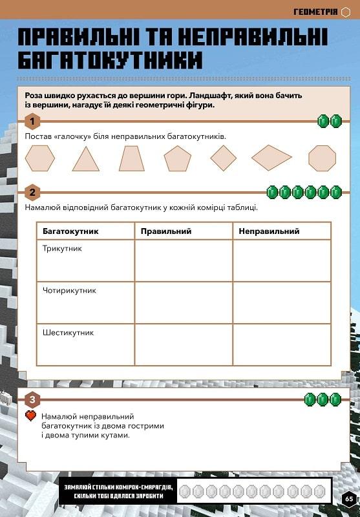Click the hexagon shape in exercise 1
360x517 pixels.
pyautogui.click(x=40, y=158)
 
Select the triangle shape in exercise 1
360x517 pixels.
pyautogui.click(x=86, y=160)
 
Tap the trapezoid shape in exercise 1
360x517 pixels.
pyautogui.click(x=132, y=158)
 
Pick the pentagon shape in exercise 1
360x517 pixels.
pyautogui.click(x=177, y=159)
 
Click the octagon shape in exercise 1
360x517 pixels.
pyautogui.click(x=322, y=158)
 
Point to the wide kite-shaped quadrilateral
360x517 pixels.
pyautogui.click(x=271, y=158)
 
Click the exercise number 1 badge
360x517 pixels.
pyautogui.click(x=32, y=121)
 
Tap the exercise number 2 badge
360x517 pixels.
pyautogui.click(x=32, y=192)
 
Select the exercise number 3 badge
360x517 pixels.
pyautogui.click(x=32, y=399)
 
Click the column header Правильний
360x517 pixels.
pyautogui.click(x=166, y=231)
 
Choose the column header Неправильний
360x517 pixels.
pyautogui.click(x=269, y=231)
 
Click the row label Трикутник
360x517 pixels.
pyautogui.click(x=62, y=249)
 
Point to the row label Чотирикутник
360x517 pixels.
pyautogui.click(x=69, y=291)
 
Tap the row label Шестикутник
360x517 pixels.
pyautogui.click(x=69, y=333)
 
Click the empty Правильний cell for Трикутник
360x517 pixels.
pyautogui.click(x=184, y=260)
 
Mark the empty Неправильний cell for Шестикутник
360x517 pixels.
pyautogui.click(x=282, y=344)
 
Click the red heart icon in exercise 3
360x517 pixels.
pyautogui.click(x=30, y=416)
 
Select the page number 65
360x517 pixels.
pyautogui.click(x=349, y=498)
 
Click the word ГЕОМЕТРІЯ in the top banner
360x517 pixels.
pyautogui.click(x=316, y=12)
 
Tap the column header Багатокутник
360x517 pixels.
pyautogui.click(x=70, y=231)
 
